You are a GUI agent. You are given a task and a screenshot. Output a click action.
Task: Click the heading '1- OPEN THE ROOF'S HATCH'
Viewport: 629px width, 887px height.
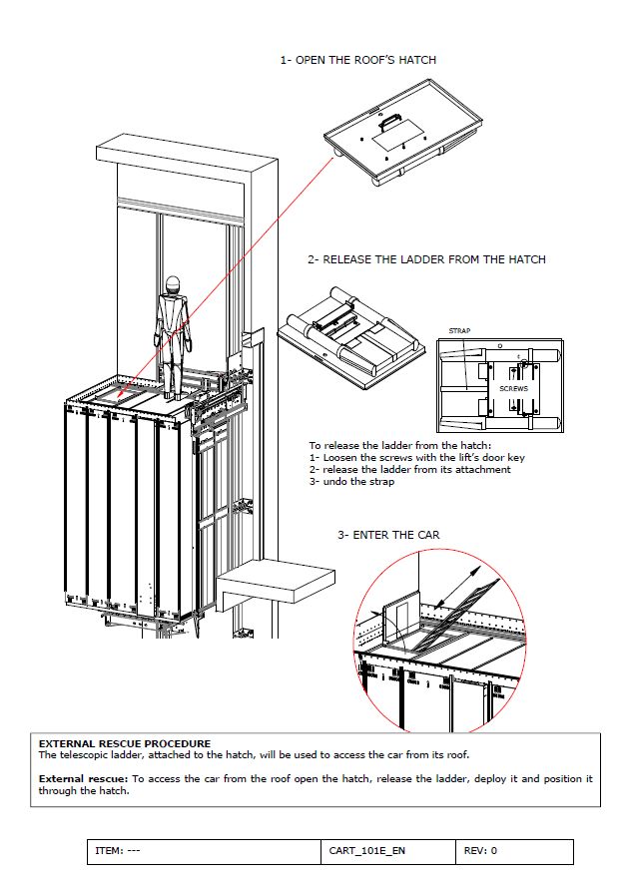point(357,60)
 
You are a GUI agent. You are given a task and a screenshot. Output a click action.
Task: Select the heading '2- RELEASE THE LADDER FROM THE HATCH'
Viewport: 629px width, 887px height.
point(426,259)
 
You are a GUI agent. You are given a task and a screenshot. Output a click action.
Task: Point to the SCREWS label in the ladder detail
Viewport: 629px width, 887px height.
point(513,388)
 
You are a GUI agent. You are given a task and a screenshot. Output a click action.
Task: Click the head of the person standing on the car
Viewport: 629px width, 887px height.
point(173,284)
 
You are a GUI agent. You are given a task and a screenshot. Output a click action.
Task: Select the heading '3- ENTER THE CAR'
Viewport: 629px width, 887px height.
point(388,535)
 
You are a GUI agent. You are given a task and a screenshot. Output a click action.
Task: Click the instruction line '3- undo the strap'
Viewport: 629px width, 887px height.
point(351,482)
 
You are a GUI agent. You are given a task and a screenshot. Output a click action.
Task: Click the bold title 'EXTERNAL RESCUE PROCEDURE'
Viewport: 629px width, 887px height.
point(124,743)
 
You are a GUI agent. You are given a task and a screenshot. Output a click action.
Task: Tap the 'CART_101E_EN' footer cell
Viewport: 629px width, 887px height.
point(366,851)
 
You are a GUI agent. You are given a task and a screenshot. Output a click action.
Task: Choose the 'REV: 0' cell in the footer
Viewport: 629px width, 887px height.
point(481,851)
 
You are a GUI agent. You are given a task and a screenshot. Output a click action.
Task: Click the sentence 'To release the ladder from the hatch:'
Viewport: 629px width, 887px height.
point(391,445)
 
